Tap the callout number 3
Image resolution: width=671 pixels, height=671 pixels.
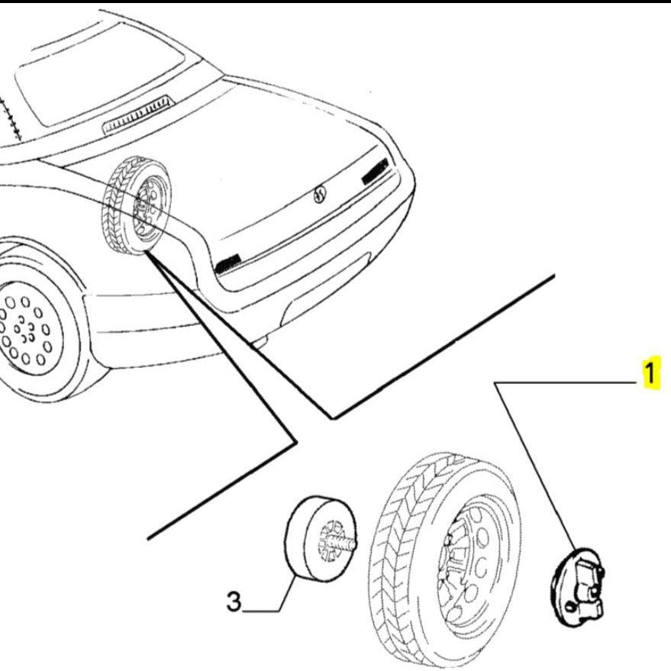point(234,602)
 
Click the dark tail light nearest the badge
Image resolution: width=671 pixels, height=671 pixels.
point(375,171)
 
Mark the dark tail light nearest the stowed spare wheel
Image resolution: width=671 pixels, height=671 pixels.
point(227,263)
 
